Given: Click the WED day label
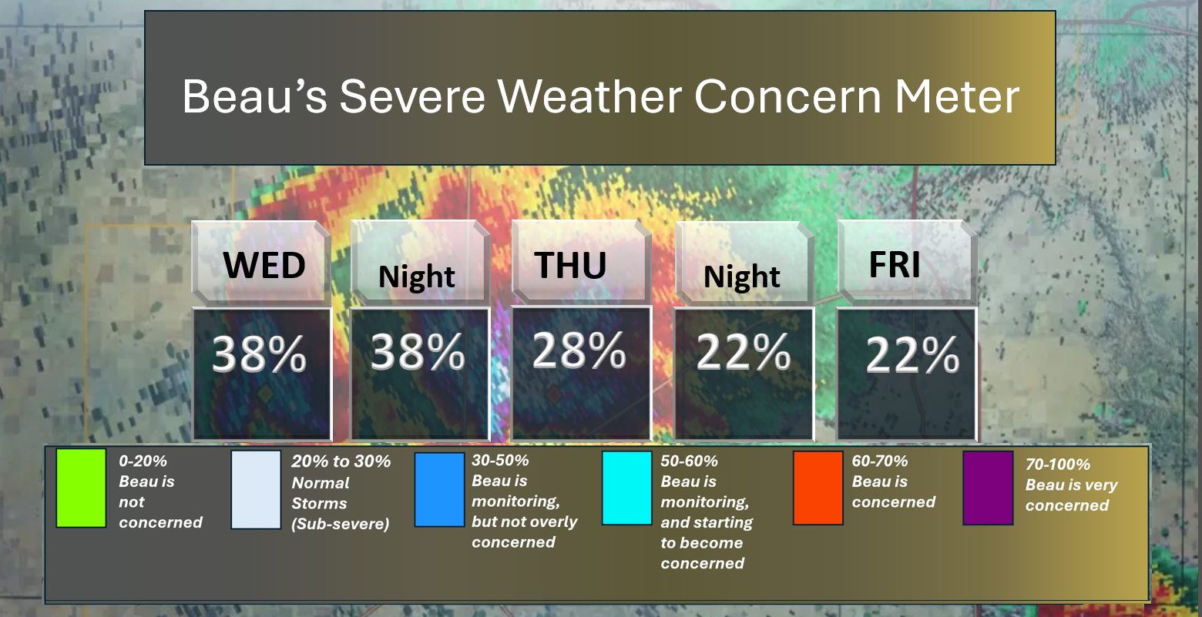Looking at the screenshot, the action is (x=264, y=265).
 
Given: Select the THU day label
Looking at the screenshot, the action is (x=570, y=265).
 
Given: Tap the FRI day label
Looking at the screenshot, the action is (x=895, y=264).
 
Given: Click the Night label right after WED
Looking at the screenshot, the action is (x=416, y=277).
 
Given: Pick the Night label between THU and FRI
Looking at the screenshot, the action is (x=741, y=277).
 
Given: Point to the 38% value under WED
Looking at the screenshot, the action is (x=259, y=354).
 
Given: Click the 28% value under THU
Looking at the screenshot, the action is (x=579, y=350).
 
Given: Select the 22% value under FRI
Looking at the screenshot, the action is (x=912, y=354).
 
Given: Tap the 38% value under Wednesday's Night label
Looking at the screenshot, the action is (x=418, y=351).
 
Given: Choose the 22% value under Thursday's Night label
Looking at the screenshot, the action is (x=744, y=351).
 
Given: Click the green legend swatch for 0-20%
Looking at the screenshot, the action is (x=81, y=488).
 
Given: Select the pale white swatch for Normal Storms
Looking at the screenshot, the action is (x=256, y=490).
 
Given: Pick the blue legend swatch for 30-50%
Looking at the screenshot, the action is (x=439, y=490).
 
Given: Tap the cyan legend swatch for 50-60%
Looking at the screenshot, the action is (x=626, y=488).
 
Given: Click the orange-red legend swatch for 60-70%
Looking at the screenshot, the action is (x=818, y=488).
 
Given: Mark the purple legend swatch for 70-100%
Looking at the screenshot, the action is (x=988, y=488).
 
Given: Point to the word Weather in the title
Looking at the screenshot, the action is (x=589, y=96).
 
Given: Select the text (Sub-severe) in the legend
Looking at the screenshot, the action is (x=341, y=524).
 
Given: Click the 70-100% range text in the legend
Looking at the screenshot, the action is (x=1058, y=464).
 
